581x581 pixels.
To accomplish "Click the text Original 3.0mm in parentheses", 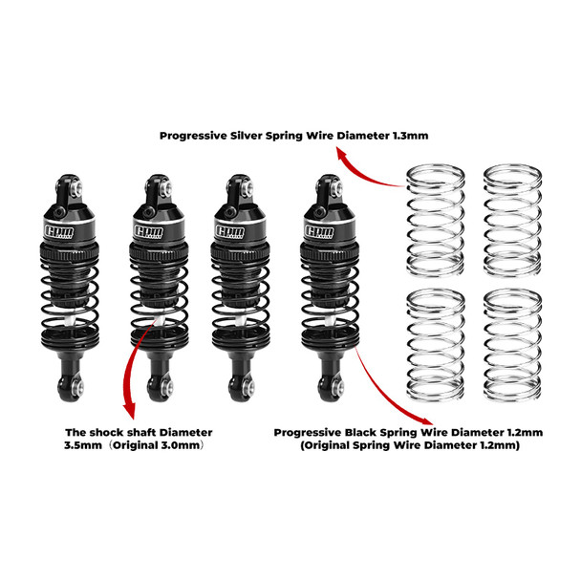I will point(170,446).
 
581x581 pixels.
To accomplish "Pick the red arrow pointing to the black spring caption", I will point(387,390).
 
